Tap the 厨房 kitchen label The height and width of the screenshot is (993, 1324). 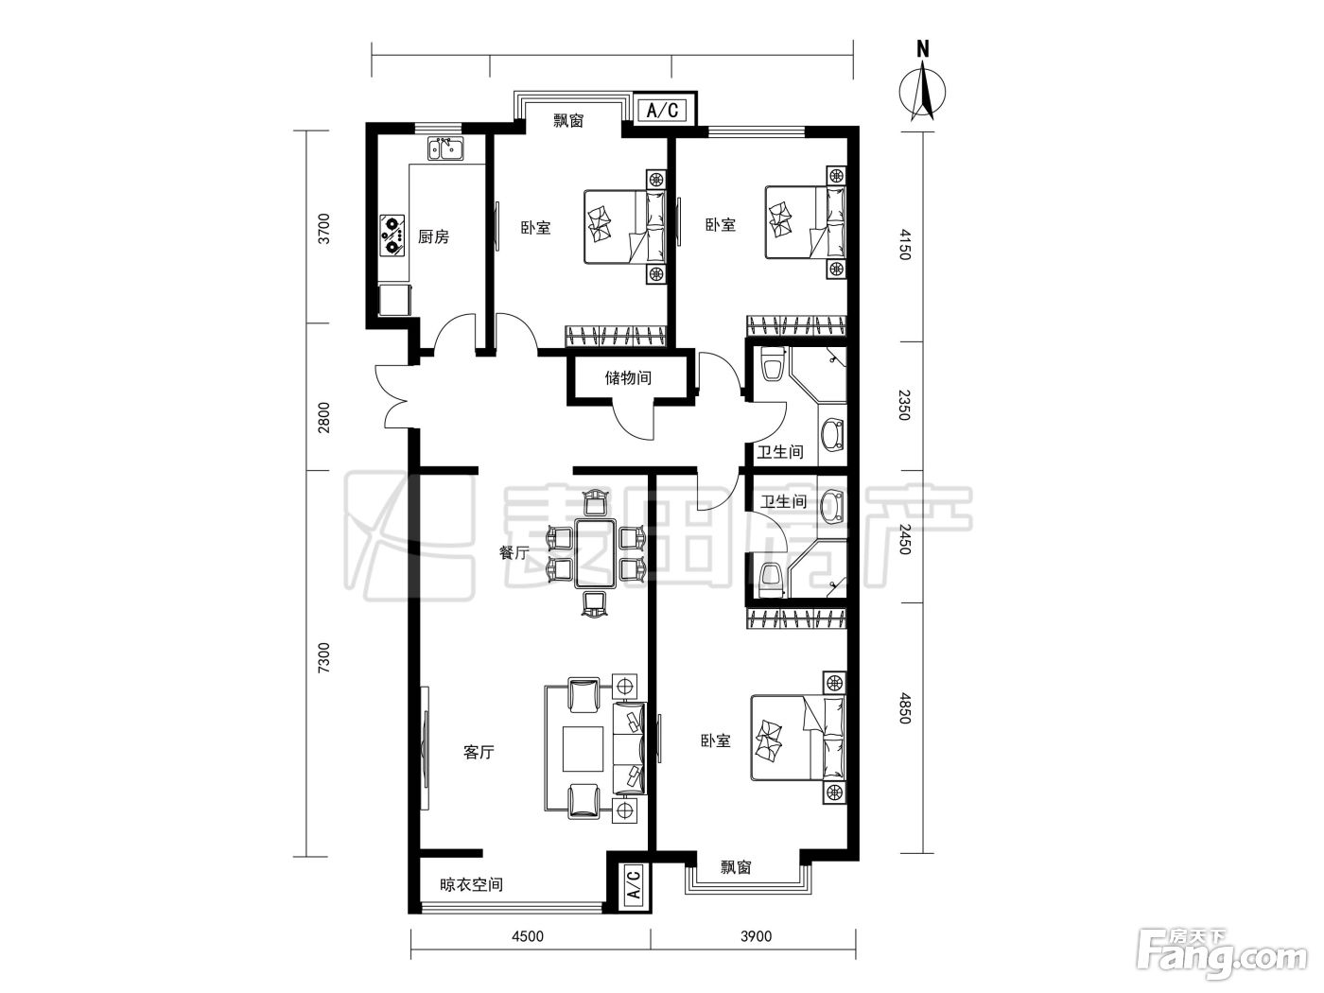[433, 237]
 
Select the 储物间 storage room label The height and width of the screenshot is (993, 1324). [628, 378]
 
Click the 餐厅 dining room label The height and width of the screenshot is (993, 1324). [514, 552]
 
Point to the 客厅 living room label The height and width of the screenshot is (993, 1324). [479, 752]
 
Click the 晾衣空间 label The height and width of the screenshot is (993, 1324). [471, 884]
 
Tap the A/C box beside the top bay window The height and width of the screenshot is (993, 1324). [662, 111]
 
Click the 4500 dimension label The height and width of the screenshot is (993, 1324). [527, 936]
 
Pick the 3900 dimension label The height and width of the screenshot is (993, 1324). [756, 936]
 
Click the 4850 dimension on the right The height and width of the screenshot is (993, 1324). [903, 707]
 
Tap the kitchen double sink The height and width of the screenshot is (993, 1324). [445, 148]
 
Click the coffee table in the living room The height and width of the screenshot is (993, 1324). [583, 749]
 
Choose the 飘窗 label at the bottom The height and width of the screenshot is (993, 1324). [736, 867]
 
